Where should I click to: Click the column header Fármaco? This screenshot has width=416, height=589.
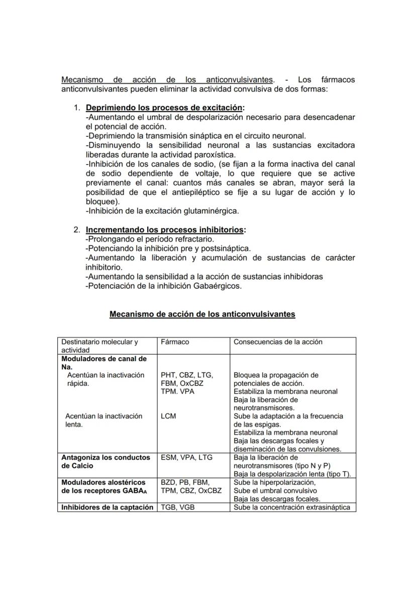pos(175,342)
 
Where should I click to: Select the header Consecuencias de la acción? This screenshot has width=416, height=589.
pos(278,342)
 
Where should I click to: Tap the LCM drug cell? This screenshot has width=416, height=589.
pos(168,416)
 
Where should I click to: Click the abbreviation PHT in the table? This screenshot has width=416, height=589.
pos(168,375)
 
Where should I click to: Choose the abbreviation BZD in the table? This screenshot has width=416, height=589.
pos(168,482)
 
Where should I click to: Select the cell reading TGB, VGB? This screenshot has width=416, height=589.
pos(177,508)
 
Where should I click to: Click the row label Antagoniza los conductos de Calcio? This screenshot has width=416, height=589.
pos(106,462)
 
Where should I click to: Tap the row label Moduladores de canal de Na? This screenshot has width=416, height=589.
pos(103,363)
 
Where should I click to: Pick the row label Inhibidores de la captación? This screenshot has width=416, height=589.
pos(107,508)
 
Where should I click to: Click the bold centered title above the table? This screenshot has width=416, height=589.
pos(202,314)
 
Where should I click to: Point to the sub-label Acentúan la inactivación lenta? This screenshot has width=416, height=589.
pos(103,420)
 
